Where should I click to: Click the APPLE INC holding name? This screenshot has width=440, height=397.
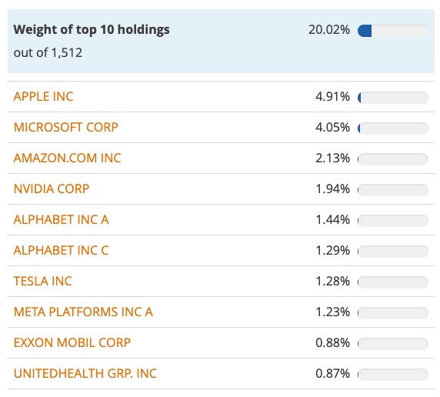[44, 96]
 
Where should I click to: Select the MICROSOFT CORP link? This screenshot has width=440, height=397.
[66, 127]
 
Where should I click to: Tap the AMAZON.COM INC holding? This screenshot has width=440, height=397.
[68, 158]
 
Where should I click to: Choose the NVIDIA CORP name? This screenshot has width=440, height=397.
[52, 188]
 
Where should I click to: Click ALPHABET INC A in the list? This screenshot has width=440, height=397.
[62, 219]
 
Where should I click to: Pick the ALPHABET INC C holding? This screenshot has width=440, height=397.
[62, 250]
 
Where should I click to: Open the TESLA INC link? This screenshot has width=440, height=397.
[43, 281]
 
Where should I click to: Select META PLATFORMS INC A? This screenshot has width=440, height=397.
[83, 312]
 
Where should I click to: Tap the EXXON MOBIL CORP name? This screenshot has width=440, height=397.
[72, 342]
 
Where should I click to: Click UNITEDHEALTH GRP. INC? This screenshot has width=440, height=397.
[85, 373]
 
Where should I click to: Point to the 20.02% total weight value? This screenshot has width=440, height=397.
[328, 30]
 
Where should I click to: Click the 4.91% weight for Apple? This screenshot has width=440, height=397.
[332, 96]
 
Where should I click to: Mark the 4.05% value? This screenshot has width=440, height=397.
[332, 127]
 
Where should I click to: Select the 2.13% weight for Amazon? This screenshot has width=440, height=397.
[332, 158]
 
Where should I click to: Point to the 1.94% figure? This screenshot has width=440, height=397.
[332, 188]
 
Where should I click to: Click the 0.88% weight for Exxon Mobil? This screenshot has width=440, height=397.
[332, 342]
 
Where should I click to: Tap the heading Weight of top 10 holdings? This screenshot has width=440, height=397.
[92, 30]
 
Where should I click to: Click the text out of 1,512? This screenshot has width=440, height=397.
[48, 52]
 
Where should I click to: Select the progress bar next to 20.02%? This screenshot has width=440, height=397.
[392, 30]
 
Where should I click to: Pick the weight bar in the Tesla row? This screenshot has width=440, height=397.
[392, 282]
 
